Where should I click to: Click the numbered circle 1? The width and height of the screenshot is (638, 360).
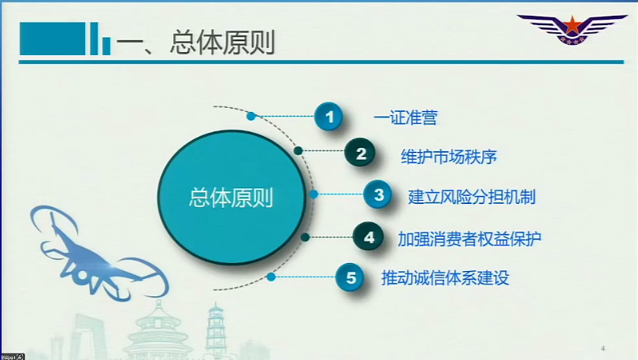328,117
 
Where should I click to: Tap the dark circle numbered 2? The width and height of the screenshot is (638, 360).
360,153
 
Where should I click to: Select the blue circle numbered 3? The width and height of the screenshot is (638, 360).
377,195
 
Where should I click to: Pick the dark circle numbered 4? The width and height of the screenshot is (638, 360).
369,237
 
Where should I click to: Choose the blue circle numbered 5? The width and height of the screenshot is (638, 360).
350,277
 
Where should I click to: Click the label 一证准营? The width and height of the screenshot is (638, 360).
406,117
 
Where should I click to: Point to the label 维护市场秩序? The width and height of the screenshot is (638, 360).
449,157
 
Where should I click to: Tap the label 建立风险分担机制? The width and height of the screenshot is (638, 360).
472,197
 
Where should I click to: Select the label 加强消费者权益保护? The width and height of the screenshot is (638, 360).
469,239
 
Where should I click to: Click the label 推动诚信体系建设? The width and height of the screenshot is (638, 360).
445,278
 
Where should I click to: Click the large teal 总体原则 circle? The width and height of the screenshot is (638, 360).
232,197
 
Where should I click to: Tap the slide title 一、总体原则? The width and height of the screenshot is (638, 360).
195,42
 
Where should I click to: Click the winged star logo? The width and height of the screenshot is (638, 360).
572,28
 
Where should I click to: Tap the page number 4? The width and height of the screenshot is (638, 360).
603,348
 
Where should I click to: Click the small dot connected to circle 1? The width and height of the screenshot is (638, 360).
251,117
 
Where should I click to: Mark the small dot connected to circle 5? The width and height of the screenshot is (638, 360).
271,277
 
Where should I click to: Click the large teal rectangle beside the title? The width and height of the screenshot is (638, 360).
53,39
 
